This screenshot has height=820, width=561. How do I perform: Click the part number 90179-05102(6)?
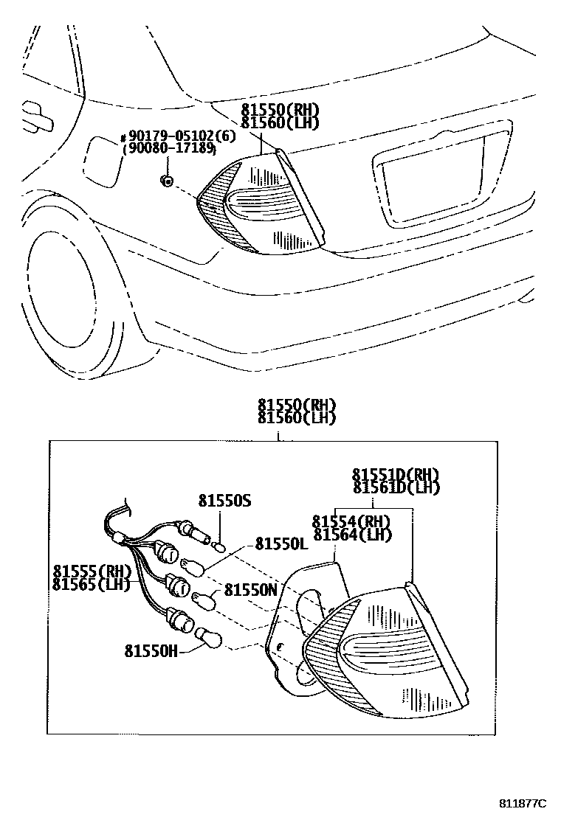tap(171, 137)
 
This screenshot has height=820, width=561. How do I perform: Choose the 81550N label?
tap(251, 590)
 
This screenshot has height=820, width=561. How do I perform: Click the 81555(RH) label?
tap(92, 571)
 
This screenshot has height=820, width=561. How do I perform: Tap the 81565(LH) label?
tap(92, 585)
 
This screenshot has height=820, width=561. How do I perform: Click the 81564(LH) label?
tap(351, 535)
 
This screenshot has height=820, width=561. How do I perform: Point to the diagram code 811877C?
tap(522, 803)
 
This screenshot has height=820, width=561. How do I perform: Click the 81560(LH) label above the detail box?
tap(297, 418)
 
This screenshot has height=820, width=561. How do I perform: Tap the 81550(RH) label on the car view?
tap(280, 110)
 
